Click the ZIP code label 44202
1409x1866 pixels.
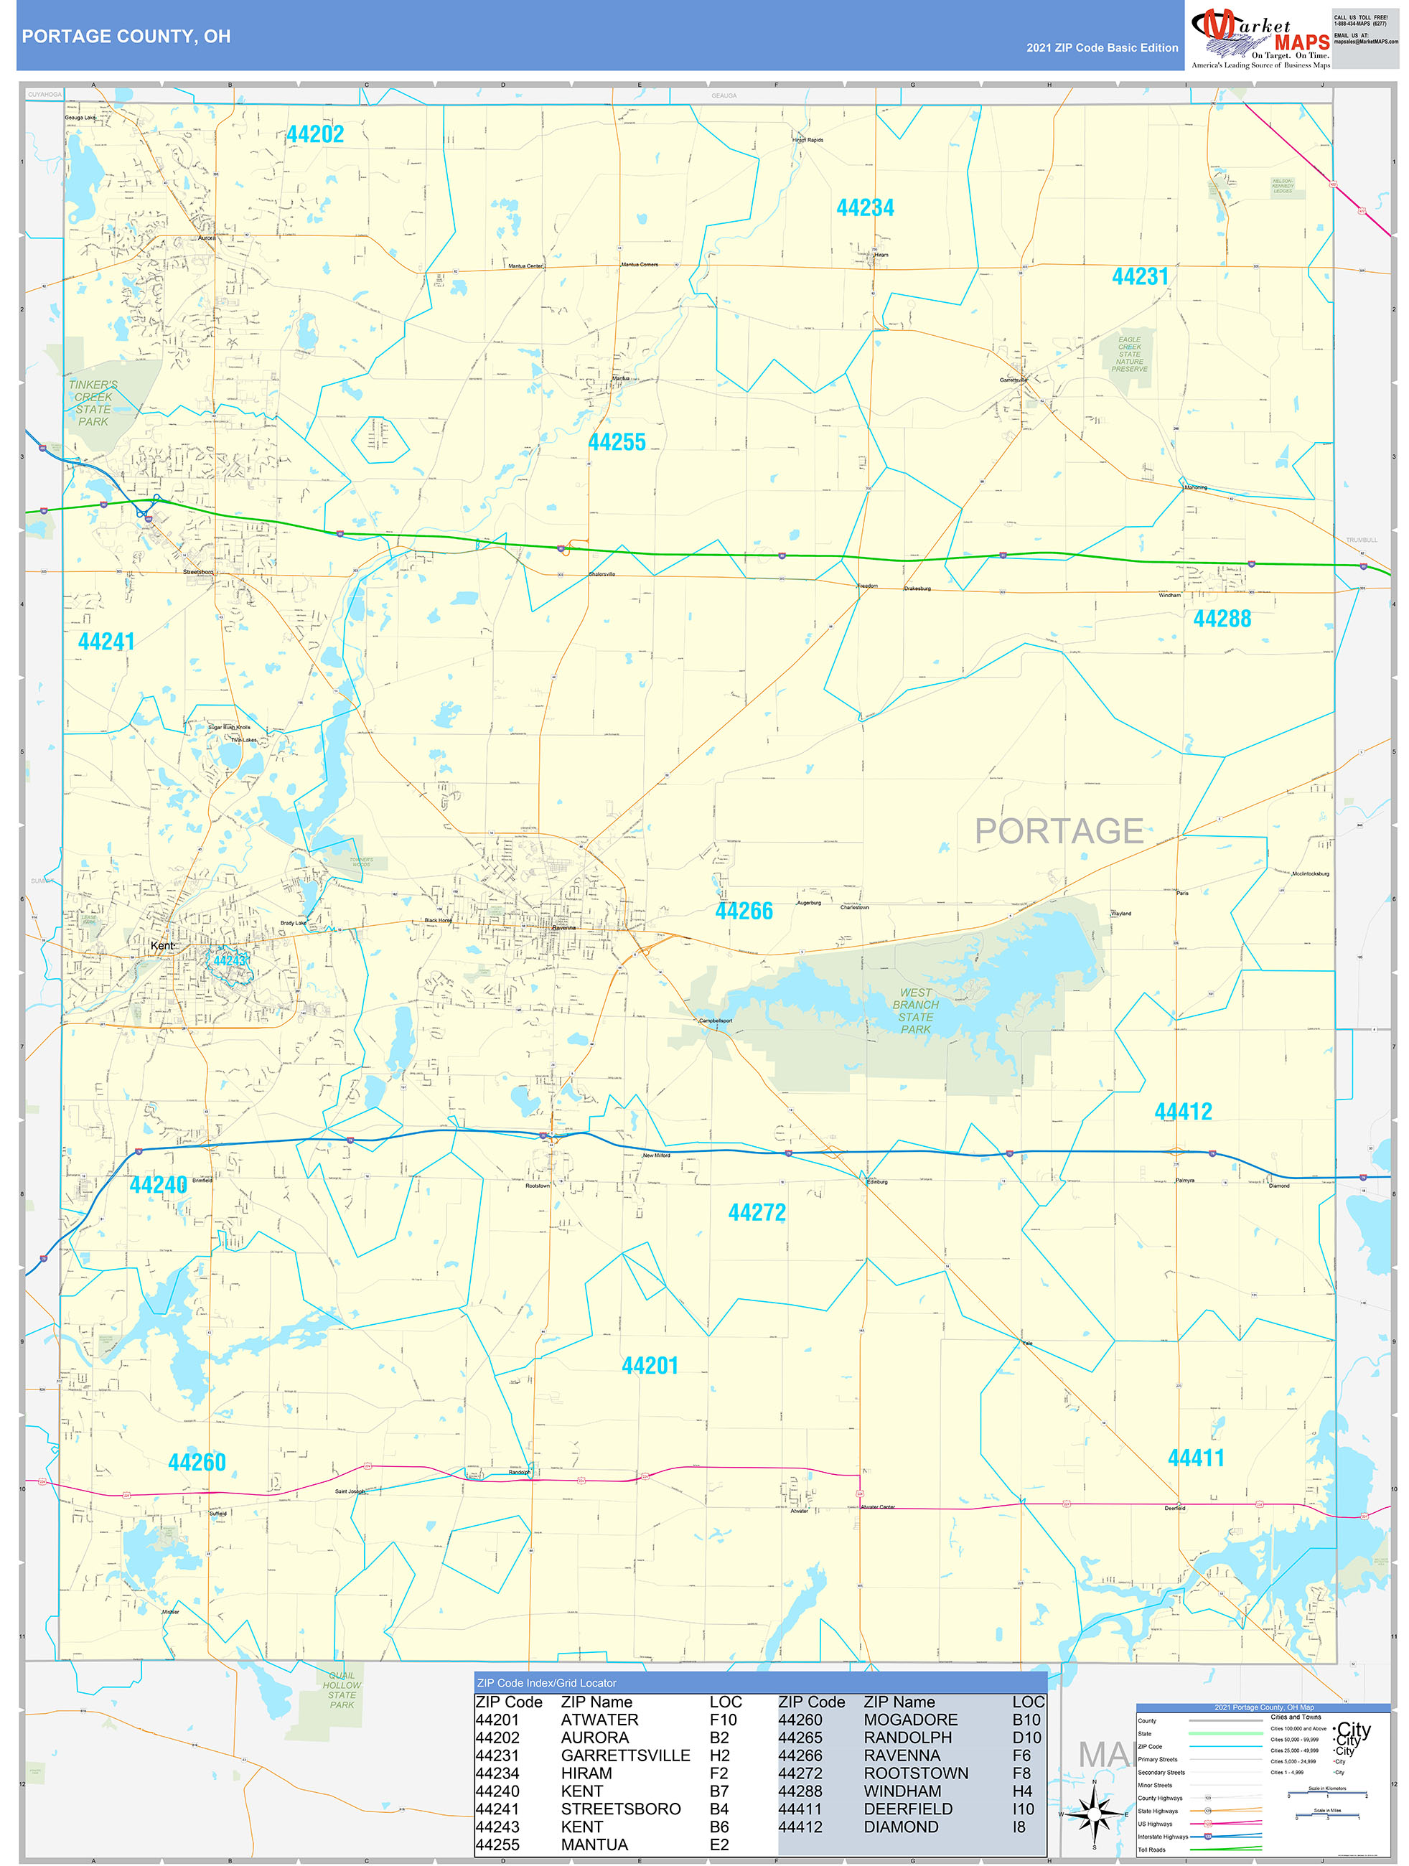pyautogui.click(x=314, y=134)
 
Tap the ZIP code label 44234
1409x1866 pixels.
pyautogui.click(x=865, y=207)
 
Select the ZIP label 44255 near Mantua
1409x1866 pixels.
pyautogui.click(x=616, y=442)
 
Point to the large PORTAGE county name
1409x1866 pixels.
pyautogui.click(x=1058, y=831)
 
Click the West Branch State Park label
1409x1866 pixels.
pyautogui.click(x=915, y=1011)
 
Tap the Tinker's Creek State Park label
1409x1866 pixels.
pyautogui.click(x=93, y=403)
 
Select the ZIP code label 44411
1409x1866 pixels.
pyautogui.click(x=1196, y=1458)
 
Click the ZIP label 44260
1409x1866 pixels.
pyautogui.click(x=197, y=1463)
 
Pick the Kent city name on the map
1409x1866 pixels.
pyautogui.click(x=162, y=946)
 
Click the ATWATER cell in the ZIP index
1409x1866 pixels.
pyautogui.click(x=599, y=1719)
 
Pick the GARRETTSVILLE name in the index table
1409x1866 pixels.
pyautogui.click(x=625, y=1755)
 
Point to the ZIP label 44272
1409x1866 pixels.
pyautogui.click(x=757, y=1213)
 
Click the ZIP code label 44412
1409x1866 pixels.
pyautogui.click(x=1183, y=1112)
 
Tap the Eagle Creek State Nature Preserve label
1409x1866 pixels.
pyautogui.click(x=1129, y=355)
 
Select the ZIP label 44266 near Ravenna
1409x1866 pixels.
pyautogui.click(x=744, y=911)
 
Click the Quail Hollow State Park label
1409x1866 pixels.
pyautogui.click(x=342, y=1689)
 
